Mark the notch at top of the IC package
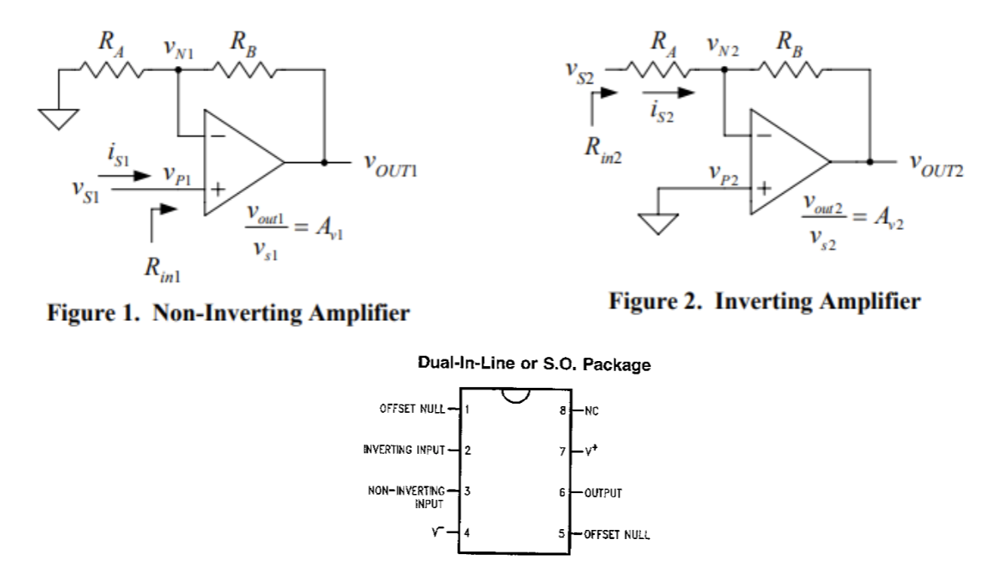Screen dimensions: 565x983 (x=515, y=396)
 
